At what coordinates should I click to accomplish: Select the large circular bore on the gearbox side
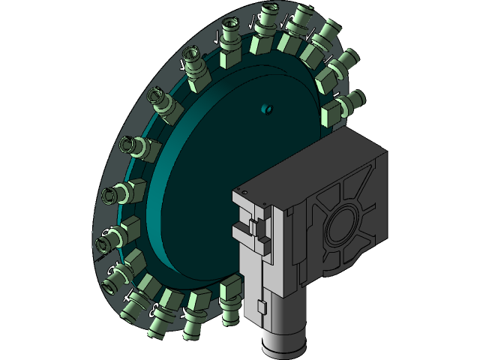(x=343, y=226)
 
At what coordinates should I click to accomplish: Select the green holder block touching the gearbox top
(x=332, y=116)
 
